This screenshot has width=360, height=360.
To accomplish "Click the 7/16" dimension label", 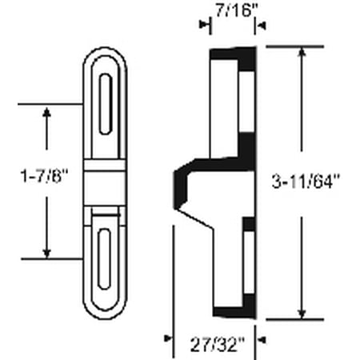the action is click(x=234, y=12).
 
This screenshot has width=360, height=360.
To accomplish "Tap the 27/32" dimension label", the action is click(x=218, y=345).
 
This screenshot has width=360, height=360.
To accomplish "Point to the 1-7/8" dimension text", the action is click(x=45, y=176).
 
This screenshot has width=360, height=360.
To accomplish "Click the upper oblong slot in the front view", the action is click(x=106, y=104).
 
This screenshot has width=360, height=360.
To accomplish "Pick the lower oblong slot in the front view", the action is click(x=104, y=258).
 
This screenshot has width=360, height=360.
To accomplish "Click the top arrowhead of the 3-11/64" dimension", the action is click(x=302, y=52).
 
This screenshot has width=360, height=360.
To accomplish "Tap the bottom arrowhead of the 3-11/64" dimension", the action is click(x=302, y=314).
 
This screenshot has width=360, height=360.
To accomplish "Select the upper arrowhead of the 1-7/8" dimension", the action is click(x=46, y=112).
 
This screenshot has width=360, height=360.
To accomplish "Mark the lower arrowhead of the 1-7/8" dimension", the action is click(x=46, y=254).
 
